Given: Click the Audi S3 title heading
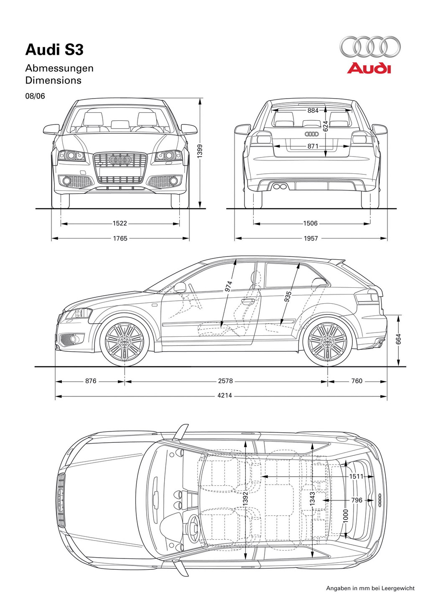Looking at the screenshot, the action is click(x=54, y=50).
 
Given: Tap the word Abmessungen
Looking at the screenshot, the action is click(x=59, y=68).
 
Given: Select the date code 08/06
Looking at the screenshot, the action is click(x=35, y=96).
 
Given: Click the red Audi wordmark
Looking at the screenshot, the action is click(x=369, y=68).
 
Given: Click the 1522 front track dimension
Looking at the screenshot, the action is click(x=120, y=223).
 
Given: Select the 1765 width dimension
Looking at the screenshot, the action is click(x=120, y=239).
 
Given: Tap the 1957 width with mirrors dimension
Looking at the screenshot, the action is click(x=311, y=239).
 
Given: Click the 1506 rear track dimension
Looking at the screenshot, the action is click(x=310, y=223).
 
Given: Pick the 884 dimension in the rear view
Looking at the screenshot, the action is click(x=313, y=110).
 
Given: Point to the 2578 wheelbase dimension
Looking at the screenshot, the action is click(x=225, y=381).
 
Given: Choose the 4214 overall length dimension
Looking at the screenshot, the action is click(x=225, y=396).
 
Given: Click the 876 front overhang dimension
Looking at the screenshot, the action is click(x=91, y=381).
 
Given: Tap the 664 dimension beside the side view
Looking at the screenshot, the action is click(x=398, y=339).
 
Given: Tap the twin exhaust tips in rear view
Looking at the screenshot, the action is click(x=280, y=187).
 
